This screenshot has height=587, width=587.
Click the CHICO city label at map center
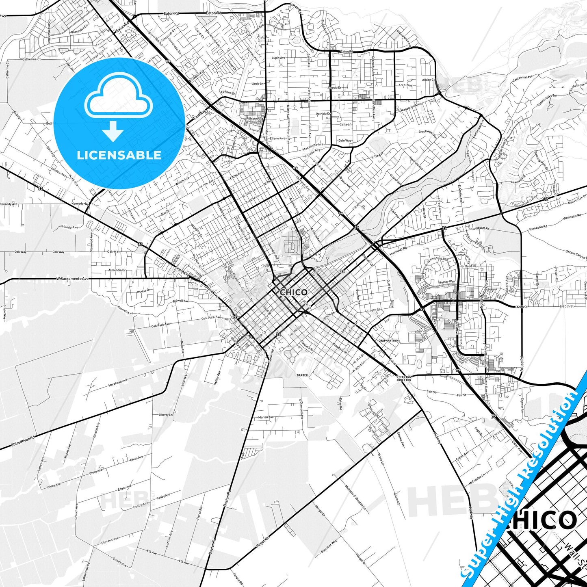click(x=294, y=292)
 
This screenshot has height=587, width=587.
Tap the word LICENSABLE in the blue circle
click(x=119, y=155)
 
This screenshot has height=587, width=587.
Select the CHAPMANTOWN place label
click(x=388, y=340)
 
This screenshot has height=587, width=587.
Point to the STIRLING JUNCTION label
click(x=403, y=378)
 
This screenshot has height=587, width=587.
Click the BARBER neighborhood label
click(x=302, y=375)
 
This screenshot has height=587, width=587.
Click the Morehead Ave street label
click(x=118, y=383)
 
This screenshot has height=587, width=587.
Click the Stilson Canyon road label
click(x=576, y=254)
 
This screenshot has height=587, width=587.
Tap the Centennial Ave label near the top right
click(x=522, y=77)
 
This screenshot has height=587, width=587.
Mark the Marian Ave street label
click(x=266, y=417)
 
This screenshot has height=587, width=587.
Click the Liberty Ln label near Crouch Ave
click(x=165, y=415)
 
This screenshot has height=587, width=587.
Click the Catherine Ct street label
click(x=32, y=59)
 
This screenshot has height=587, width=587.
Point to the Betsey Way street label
click(x=447, y=282)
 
